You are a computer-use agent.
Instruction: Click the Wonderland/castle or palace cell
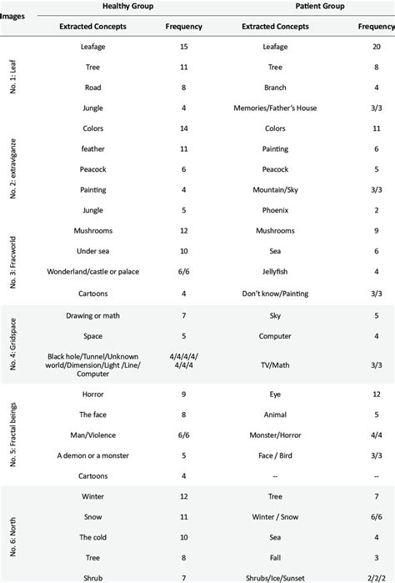point(93,272)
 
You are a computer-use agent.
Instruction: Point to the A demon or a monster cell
point(93,455)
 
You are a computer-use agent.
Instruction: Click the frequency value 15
point(184,48)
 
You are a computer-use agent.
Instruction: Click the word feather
point(93,149)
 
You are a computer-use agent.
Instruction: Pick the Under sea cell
point(93,251)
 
